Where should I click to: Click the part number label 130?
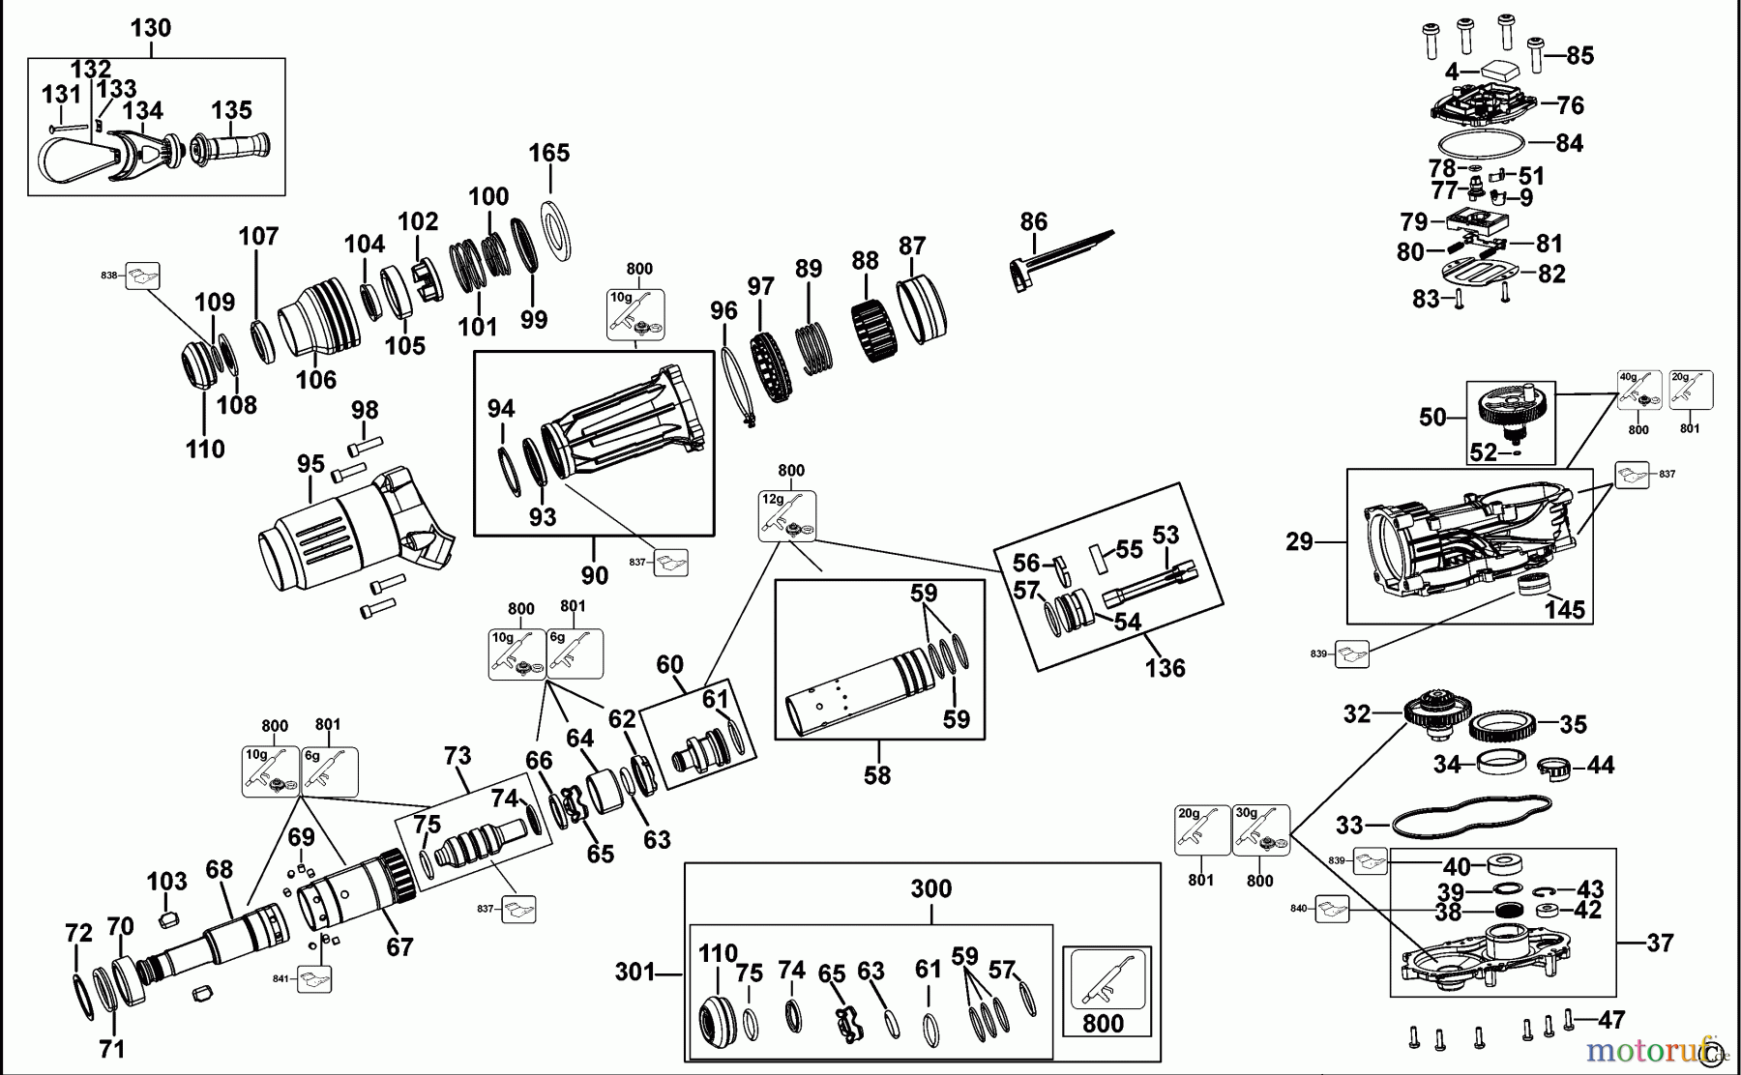[x=151, y=28]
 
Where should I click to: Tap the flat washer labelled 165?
[x=552, y=232]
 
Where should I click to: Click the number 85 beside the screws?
[x=1579, y=56]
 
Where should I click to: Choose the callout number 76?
[x=1570, y=104]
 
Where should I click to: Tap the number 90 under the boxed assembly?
[x=594, y=575]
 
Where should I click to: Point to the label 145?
[x=1564, y=610]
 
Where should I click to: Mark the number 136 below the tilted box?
[x=1165, y=667]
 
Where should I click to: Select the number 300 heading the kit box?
[x=930, y=888]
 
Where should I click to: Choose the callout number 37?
[x=1659, y=942]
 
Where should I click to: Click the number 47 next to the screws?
[x=1610, y=1019]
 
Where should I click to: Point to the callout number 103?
[x=166, y=881]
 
